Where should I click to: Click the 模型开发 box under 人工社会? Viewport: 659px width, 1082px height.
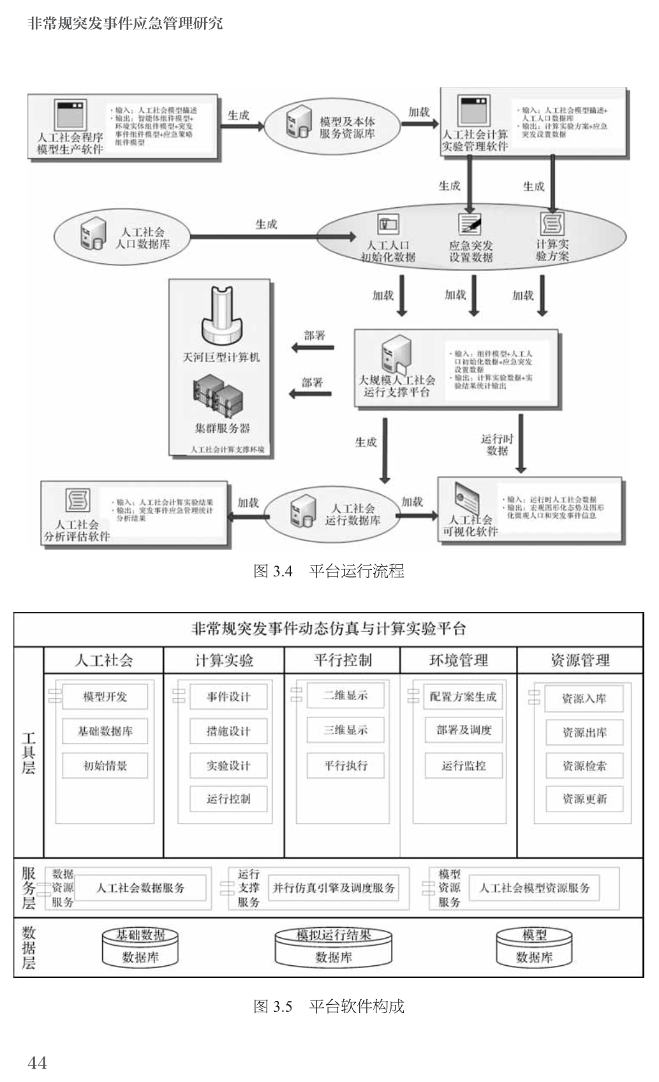click(x=105, y=696)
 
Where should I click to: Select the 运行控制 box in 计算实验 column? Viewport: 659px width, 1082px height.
click(x=228, y=799)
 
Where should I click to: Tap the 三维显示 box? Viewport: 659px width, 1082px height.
click(x=345, y=730)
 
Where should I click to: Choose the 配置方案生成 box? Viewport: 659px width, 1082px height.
click(x=463, y=696)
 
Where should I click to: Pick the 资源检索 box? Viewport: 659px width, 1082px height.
click(x=584, y=766)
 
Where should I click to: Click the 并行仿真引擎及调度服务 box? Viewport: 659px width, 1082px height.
click(x=334, y=888)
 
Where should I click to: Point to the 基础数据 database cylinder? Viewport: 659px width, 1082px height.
click(x=140, y=947)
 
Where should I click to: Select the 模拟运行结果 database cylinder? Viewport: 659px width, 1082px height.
click(x=334, y=947)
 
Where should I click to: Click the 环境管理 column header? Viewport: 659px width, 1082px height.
click(x=459, y=661)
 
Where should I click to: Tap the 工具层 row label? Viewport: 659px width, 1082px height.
click(x=29, y=753)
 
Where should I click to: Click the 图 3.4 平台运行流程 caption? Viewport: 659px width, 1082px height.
click(x=329, y=571)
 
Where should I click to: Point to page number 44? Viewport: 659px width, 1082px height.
click(x=37, y=1062)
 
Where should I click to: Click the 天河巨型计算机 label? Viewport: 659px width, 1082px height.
click(x=221, y=357)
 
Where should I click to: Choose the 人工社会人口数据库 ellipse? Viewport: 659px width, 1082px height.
click(x=121, y=237)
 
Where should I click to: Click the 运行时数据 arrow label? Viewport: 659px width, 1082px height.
click(x=497, y=444)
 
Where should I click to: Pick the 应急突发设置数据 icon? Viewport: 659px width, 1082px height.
click(x=470, y=224)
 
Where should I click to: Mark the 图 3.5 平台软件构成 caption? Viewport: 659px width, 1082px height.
click(x=329, y=1006)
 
